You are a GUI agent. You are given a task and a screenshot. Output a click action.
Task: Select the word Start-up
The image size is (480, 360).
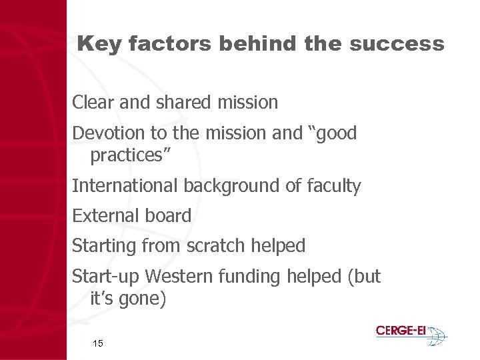(x=105, y=276)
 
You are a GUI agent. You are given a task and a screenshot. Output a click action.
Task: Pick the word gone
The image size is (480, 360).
(x=141, y=299)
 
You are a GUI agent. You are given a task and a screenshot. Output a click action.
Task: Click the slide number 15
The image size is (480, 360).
(x=97, y=343)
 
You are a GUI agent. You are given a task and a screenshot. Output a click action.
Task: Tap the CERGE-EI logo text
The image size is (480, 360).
(x=401, y=331)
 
